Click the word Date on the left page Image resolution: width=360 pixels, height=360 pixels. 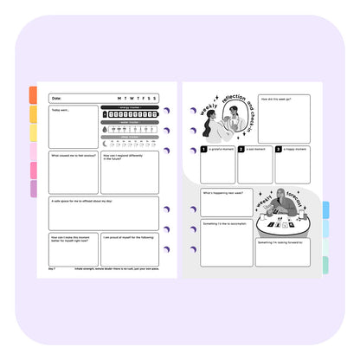(x=57, y=99)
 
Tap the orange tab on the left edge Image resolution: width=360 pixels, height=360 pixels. (x=33, y=95)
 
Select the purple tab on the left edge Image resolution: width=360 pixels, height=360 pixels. (x=33, y=189)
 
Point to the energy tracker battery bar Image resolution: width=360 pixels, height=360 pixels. (x=130, y=113)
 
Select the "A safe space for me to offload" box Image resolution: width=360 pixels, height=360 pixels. (x=104, y=213)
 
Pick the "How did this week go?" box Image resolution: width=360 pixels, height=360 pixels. (x=284, y=118)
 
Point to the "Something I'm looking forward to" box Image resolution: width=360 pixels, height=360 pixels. (x=282, y=253)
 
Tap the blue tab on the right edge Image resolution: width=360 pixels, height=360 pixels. (x=325, y=210)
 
